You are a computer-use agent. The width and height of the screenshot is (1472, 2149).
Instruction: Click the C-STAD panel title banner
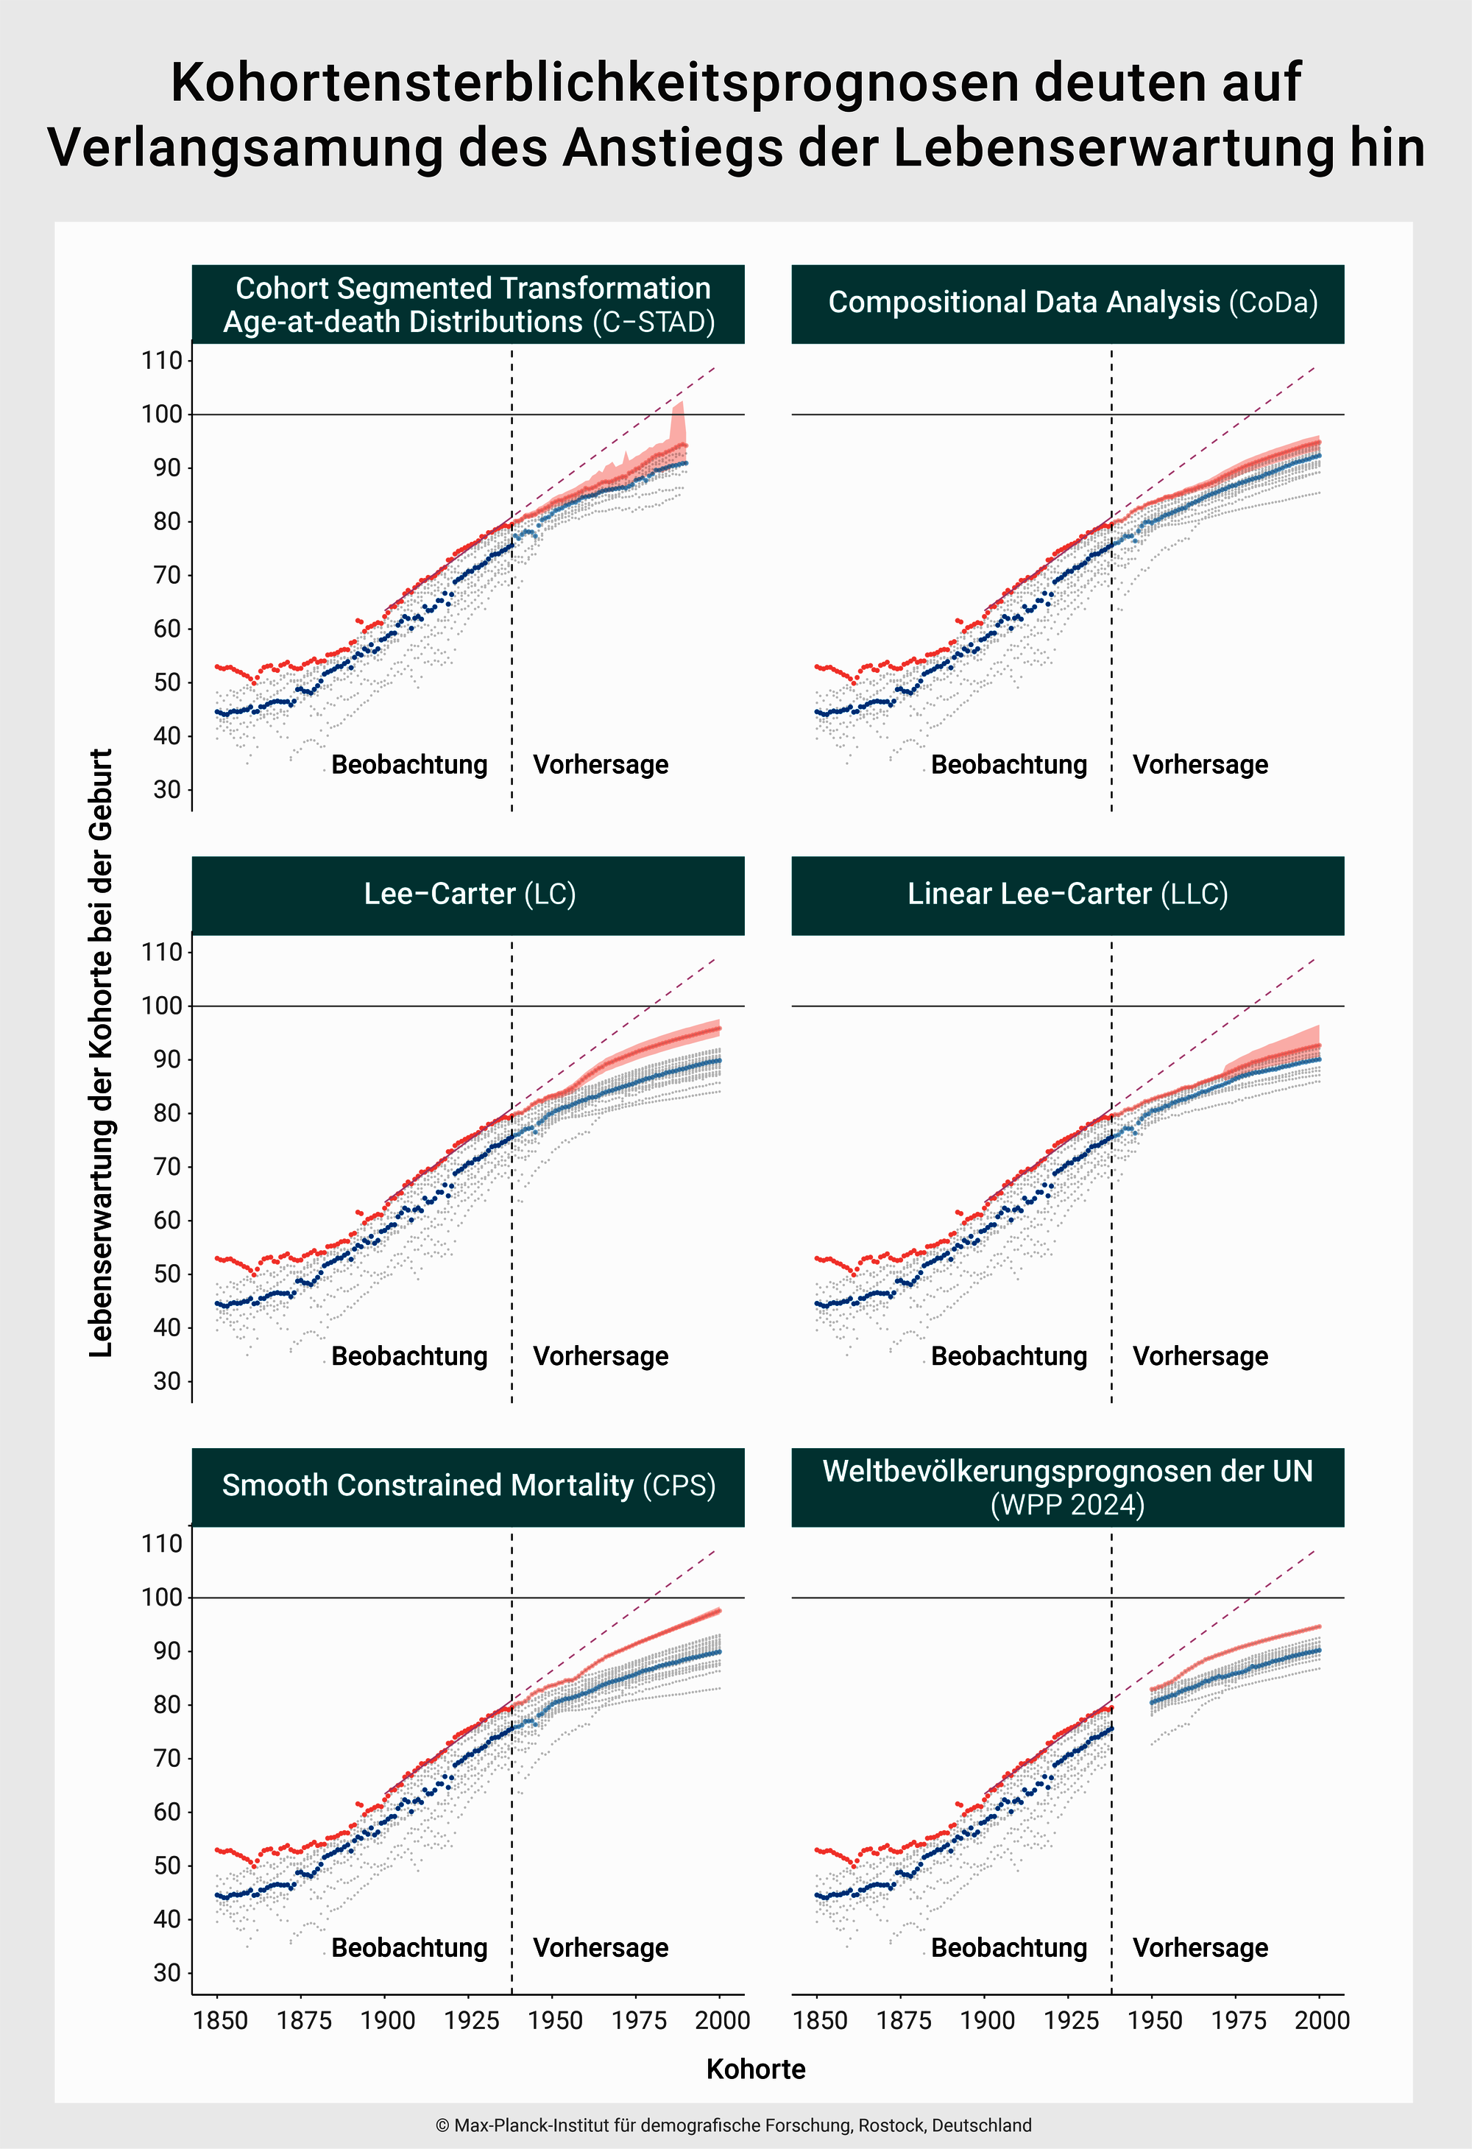pos(468,304)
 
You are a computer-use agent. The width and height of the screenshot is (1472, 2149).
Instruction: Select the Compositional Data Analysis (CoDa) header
pos(1068,303)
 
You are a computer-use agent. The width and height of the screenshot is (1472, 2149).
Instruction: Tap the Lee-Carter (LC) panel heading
pos(468,894)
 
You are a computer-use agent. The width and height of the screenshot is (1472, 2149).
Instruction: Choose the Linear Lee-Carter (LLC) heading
pos(1068,894)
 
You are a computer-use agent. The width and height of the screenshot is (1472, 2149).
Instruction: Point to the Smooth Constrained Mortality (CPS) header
pos(468,1485)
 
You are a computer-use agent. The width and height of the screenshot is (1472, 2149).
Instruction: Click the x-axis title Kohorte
pos(755,2069)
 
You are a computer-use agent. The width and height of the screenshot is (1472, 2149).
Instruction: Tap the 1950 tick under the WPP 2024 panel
pos(1154,2020)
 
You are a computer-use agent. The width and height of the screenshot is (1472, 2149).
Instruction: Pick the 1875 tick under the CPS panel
pos(303,2020)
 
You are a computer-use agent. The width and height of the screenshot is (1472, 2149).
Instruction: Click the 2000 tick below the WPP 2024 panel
pos(1321,2020)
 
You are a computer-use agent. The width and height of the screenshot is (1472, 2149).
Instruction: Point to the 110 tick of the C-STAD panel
pos(162,361)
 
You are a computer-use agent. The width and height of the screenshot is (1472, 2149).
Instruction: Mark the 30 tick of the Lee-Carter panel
pos(167,1381)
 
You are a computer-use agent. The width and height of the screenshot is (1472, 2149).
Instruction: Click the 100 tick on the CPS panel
pos(162,1598)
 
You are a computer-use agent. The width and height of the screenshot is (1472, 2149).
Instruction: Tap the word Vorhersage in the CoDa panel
pos(1200,765)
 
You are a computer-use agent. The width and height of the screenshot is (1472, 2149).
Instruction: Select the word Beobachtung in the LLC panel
pos(1009,1357)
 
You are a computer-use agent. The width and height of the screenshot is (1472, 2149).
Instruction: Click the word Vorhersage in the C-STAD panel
pos(601,765)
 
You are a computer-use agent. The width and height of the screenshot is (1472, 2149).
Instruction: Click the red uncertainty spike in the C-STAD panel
pos(679,420)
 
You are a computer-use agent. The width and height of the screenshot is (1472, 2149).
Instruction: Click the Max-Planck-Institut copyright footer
pos(733,2125)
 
